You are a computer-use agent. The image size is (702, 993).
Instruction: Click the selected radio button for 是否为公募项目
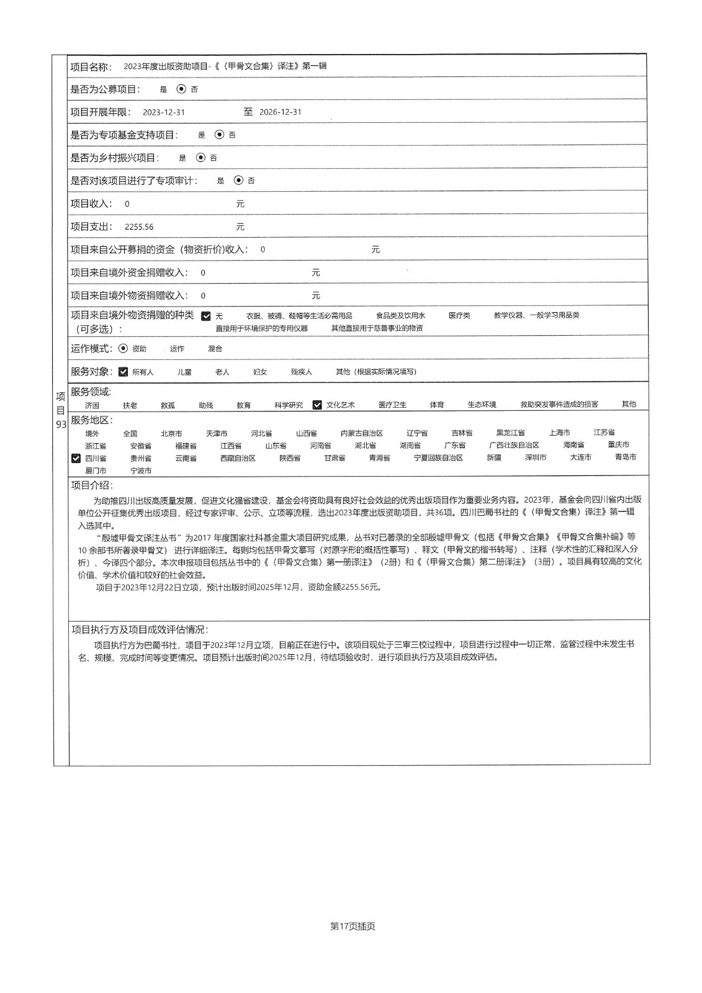(181, 89)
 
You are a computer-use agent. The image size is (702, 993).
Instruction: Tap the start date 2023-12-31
(163, 112)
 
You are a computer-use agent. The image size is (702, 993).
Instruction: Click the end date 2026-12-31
(280, 112)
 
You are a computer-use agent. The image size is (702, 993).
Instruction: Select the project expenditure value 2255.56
(139, 227)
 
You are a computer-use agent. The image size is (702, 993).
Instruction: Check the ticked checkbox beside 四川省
(76, 458)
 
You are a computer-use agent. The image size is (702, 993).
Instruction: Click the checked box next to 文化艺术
(317, 405)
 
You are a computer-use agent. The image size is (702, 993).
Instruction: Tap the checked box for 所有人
(123, 372)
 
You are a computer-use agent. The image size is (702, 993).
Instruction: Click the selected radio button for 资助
(122, 349)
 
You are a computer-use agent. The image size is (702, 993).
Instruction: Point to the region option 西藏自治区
(238, 458)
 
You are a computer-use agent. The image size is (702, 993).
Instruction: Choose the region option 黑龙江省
(510, 433)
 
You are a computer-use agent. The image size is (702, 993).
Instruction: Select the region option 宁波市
(141, 471)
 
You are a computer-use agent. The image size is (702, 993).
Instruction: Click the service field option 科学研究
(289, 405)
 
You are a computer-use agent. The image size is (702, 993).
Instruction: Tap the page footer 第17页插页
(353, 927)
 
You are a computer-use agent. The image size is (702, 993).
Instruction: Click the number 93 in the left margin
(61, 425)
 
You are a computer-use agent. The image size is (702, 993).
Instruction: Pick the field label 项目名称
(91, 66)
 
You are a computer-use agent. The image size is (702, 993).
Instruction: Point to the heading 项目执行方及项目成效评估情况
(140, 629)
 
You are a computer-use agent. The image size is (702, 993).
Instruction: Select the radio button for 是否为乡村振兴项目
(200, 158)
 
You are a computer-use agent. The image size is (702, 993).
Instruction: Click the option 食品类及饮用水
(400, 316)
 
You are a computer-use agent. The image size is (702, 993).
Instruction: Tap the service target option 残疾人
(301, 372)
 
